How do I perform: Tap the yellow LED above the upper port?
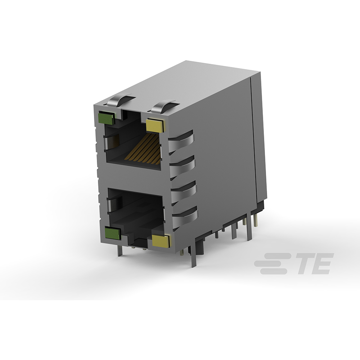(x=155, y=125)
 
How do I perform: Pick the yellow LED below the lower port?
(x=161, y=241)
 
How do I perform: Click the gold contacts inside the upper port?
(x=144, y=149)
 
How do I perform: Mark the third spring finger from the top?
(x=184, y=190)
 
